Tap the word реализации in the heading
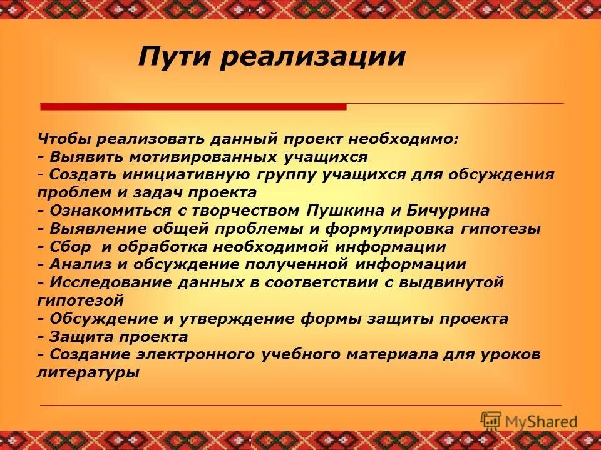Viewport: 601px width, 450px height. (x=313, y=57)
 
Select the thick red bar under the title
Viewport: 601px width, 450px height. (x=193, y=107)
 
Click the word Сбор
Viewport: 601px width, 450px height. (x=69, y=247)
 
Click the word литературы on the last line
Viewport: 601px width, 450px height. (x=88, y=373)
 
